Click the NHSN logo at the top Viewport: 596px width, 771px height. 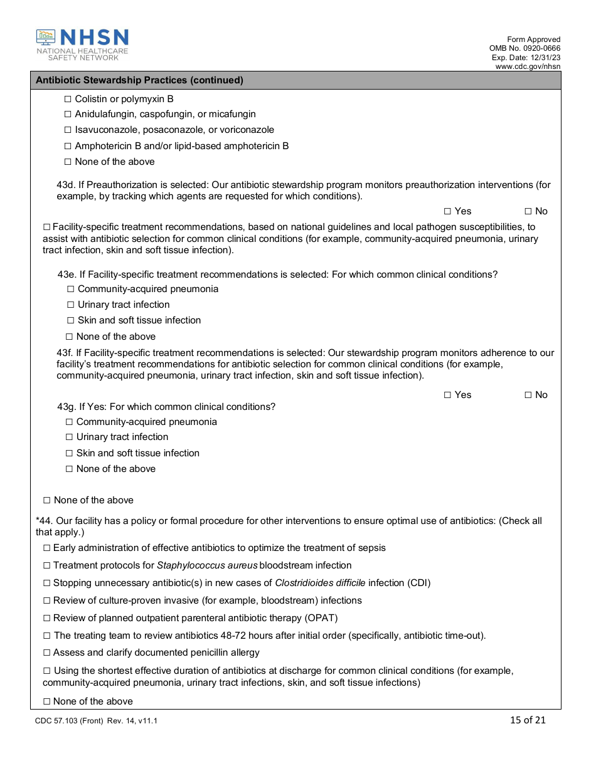[82, 45]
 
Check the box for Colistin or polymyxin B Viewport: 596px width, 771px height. [68, 99]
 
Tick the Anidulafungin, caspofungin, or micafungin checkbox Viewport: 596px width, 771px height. [68, 115]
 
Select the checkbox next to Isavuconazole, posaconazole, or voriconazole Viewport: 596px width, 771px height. [68, 130]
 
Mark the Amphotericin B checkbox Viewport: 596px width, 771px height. [68, 146]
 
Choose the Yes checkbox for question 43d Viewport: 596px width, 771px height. [447, 212]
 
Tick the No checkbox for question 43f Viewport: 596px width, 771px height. [528, 395]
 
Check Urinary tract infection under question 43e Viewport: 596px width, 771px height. [71, 305]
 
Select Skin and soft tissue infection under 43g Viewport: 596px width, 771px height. [70, 453]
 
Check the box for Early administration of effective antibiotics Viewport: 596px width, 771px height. [46, 548]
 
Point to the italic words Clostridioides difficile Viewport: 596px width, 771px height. [320, 583]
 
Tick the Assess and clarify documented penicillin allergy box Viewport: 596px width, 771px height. [46, 653]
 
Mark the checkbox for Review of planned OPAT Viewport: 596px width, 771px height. [46, 618]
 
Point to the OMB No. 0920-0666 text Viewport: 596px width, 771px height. [525, 48]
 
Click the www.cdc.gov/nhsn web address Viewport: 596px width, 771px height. [528, 66]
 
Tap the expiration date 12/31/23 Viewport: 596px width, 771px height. [543, 58]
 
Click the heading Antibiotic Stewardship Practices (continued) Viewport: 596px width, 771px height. [139, 80]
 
